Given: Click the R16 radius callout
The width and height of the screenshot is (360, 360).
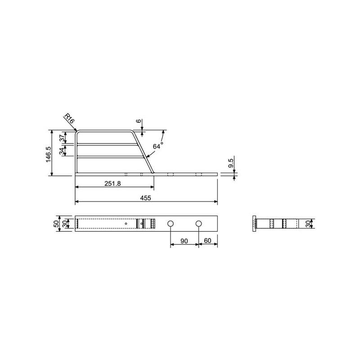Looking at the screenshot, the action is click(x=69, y=118).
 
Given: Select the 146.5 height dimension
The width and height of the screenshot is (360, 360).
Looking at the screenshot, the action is click(x=49, y=154).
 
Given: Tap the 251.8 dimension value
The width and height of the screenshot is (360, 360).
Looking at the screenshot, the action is click(x=112, y=184).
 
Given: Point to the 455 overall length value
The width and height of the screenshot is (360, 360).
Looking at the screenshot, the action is click(x=145, y=198).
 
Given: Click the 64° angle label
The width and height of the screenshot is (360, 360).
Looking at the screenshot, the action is click(x=158, y=145).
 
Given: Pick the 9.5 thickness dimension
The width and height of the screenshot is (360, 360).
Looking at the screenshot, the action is click(x=231, y=163).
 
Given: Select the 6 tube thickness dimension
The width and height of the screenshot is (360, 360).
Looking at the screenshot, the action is click(x=139, y=121).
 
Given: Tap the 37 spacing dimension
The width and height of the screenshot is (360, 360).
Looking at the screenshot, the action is click(x=62, y=138).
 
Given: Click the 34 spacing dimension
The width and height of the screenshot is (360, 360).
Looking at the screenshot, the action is click(x=62, y=151).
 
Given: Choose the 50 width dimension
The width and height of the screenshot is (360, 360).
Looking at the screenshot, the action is click(x=56, y=224).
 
